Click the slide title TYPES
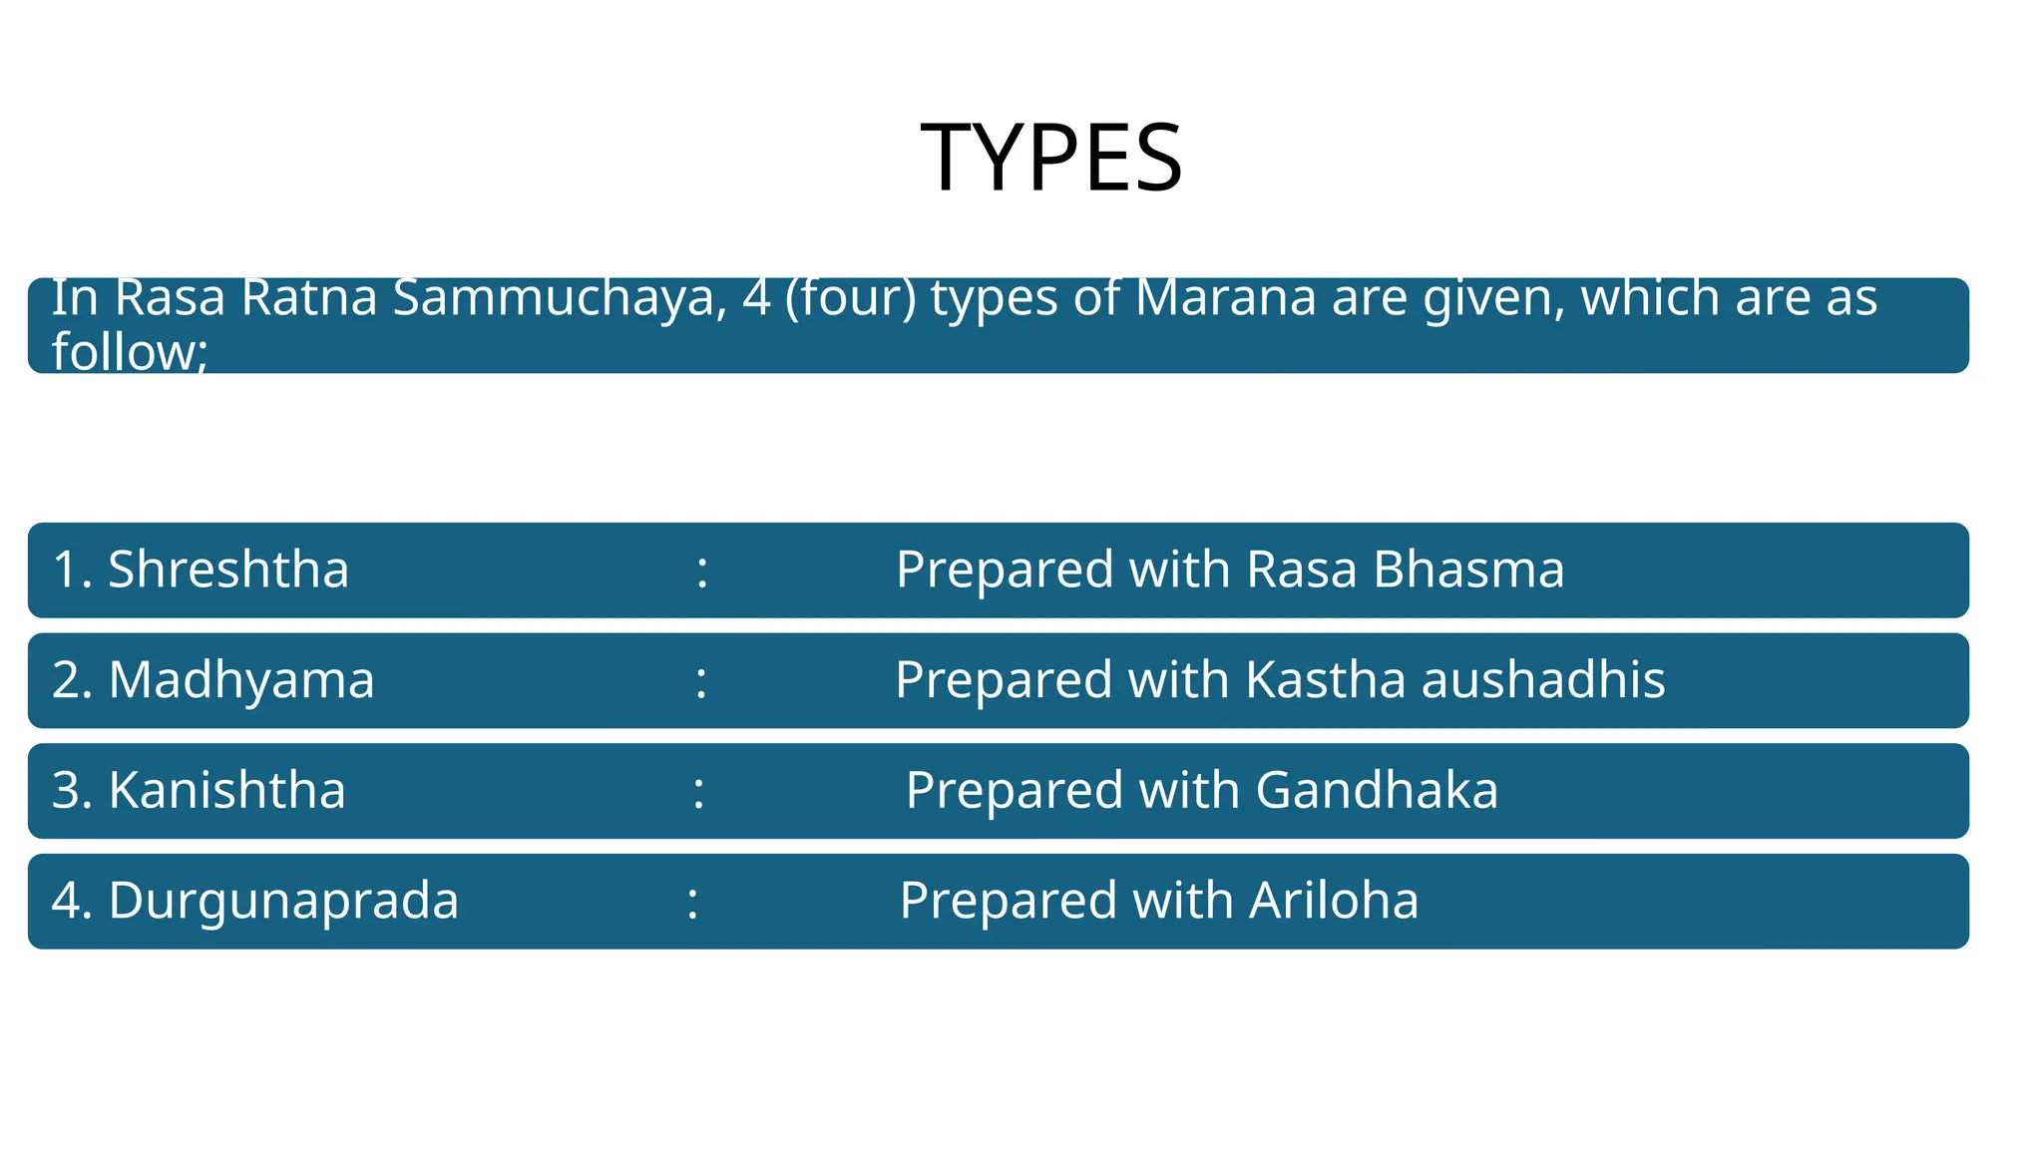coord(1051,158)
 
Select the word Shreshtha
coord(228,570)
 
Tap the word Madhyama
coord(241,680)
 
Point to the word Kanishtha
coord(226,790)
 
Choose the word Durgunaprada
coord(283,901)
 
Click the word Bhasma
coord(1468,570)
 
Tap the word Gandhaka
coord(1377,790)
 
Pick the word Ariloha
coord(1334,901)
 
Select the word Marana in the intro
coord(1226,297)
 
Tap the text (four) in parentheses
coord(850,297)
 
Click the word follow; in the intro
coord(130,352)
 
